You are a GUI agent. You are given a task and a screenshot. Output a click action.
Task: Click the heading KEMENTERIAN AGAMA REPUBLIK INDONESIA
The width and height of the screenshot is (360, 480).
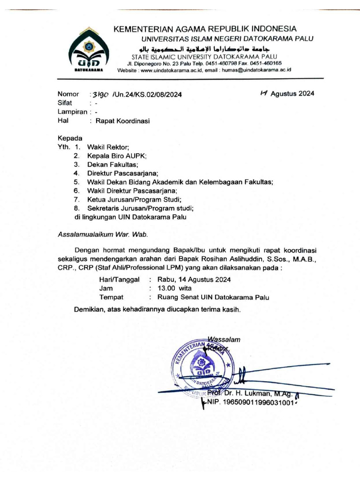205,29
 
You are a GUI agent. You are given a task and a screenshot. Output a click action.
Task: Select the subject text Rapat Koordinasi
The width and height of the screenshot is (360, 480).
123,120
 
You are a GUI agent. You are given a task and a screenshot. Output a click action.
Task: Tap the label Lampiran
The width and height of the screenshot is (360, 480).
73,112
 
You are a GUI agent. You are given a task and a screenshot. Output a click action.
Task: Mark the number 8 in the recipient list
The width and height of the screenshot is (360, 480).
76,208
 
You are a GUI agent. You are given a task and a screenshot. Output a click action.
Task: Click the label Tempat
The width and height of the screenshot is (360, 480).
111,297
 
